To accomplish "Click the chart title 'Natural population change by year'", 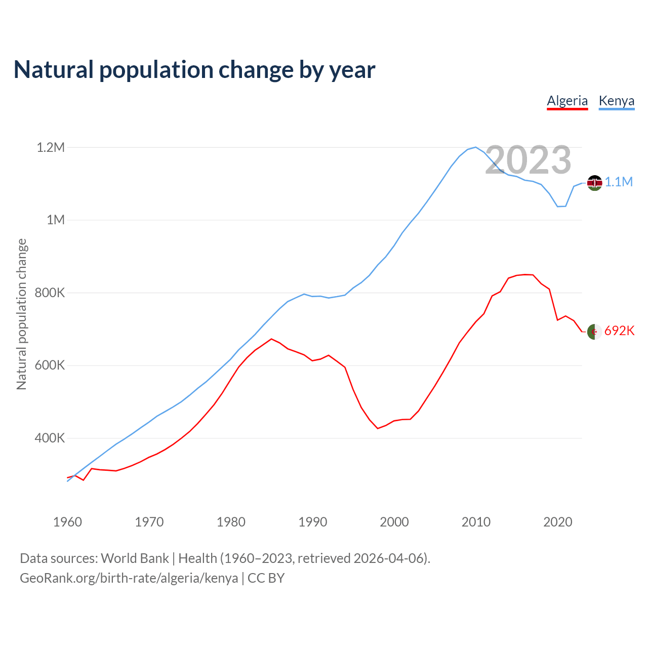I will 194,70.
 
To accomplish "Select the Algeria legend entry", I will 568,101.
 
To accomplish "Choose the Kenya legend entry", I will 616,101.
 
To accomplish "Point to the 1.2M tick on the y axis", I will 51,147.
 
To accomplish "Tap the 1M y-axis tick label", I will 56,220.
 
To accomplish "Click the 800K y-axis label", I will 50,293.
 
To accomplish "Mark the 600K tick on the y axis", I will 50,366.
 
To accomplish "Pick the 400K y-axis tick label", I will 50,438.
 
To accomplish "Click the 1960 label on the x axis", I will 67,522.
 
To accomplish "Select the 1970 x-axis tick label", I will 149,522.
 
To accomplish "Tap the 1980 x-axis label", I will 231,522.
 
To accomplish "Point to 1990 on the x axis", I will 313,522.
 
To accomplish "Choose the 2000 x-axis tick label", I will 394,522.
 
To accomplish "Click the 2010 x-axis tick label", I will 476,522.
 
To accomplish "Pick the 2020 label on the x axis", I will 558,522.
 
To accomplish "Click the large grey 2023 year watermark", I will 528,160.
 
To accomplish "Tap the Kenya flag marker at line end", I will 594,183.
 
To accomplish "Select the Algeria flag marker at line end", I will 594,332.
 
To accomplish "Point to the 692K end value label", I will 619,331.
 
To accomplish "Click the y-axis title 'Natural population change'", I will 22,314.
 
